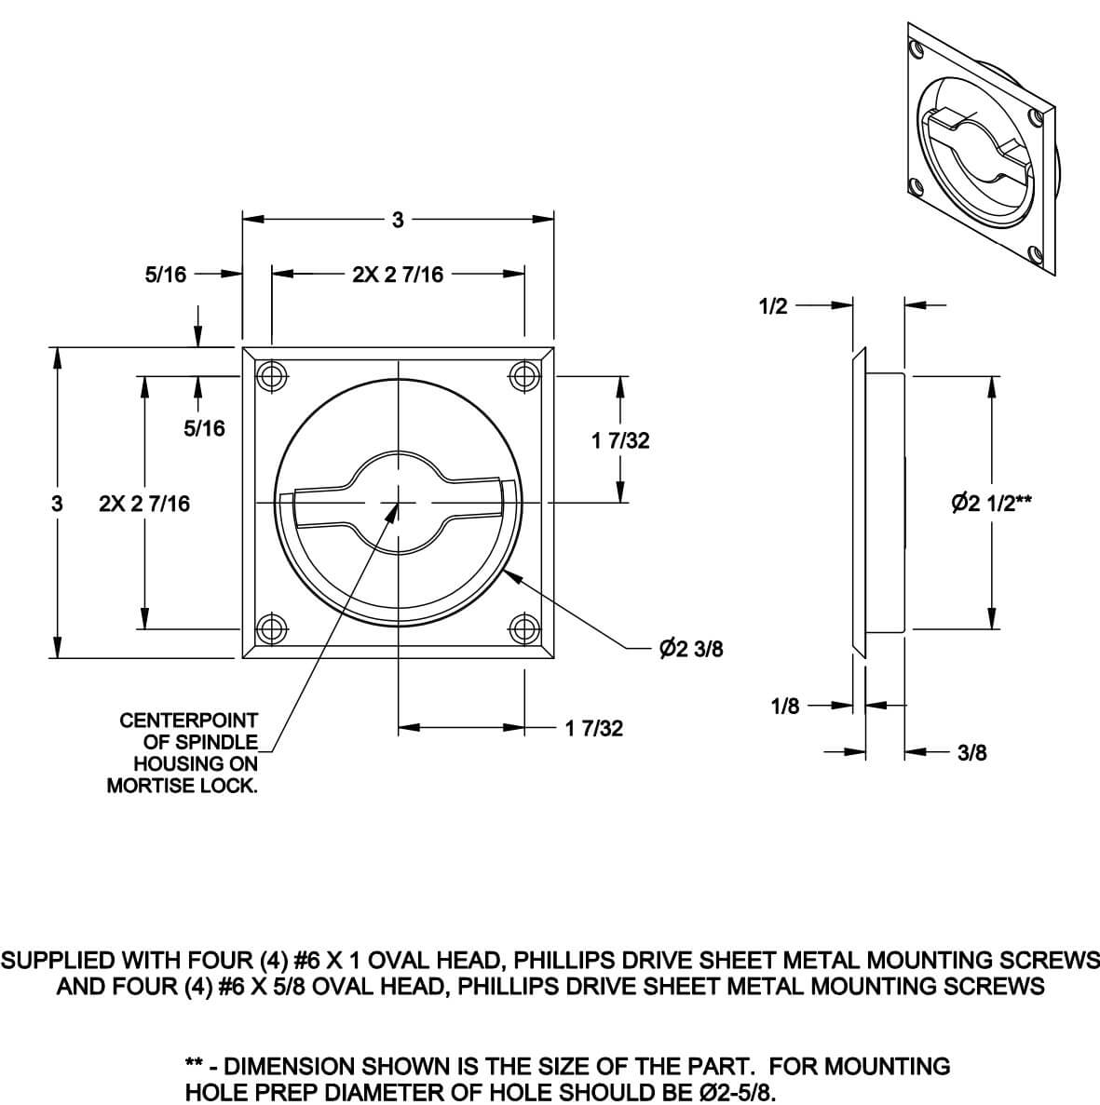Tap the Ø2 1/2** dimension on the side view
point(992,503)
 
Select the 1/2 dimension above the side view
point(774,306)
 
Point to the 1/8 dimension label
point(785,707)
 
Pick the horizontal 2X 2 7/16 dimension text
point(398,275)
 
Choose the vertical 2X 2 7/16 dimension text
point(144,504)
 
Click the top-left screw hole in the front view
point(271,377)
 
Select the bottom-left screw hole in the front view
point(271,629)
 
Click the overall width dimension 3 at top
point(398,221)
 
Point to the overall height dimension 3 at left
point(58,504)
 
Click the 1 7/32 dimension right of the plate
point(620,441)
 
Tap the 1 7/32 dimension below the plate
point(594,728)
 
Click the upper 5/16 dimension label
point(166,275)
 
